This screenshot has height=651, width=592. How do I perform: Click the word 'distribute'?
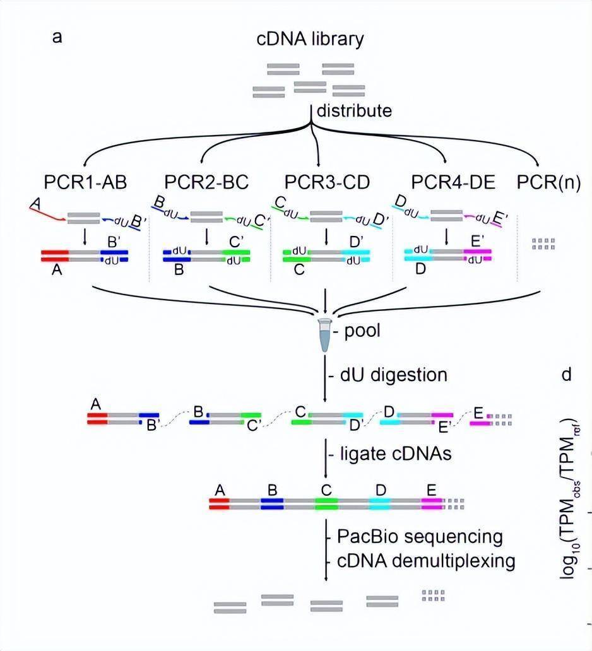click(354, 112)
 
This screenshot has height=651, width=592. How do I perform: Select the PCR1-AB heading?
click(86, 182)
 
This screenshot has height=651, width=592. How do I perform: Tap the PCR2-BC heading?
click(206, 182)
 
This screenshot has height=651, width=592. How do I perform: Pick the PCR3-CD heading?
click(326, 182)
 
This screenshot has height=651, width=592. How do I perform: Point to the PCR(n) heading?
click(548, 182)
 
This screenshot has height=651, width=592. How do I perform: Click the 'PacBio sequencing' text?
click(420, 537)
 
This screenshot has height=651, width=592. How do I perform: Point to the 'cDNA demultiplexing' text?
click(426, 560)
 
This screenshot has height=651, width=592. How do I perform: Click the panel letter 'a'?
click(57, 36)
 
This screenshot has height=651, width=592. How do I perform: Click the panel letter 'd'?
click(566, 375)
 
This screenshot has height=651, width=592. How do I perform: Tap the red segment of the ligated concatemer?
click(219, 503)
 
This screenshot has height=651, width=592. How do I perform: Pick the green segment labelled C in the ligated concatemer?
click(326, 503)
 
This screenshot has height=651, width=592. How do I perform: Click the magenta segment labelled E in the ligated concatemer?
click(432, 503)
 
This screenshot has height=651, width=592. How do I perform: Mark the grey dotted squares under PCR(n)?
click(543, 243)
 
